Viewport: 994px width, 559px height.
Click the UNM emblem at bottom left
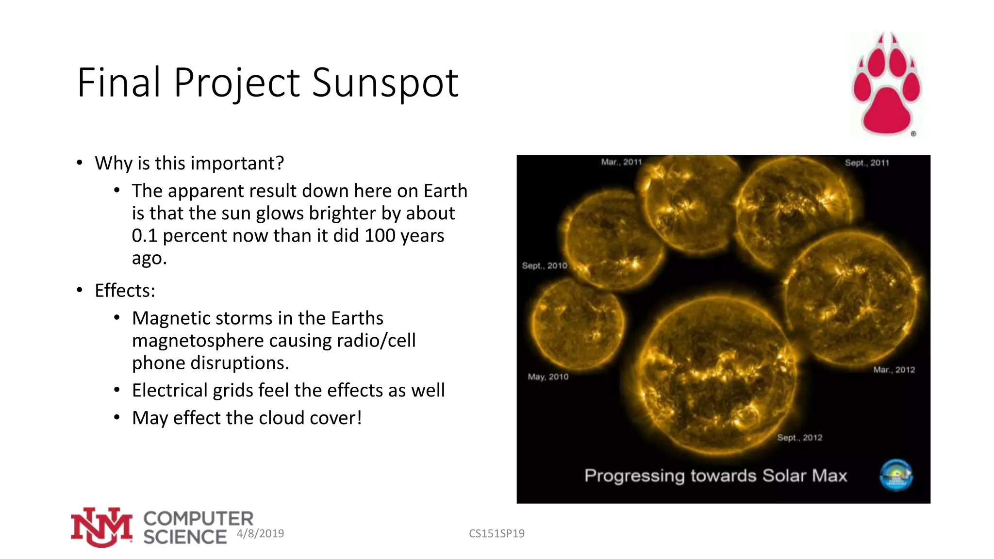pyautogui.click(x=101, y=527)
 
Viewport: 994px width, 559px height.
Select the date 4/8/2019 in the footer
pyautogui.click(x=260, y=533)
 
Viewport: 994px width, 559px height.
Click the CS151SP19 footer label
pyautogui.click(x=497, y=533)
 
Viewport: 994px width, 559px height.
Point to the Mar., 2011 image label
pyautogui.click(x=621, y=162)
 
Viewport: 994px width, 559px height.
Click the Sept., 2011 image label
pyautogui.click(x=867, y=163)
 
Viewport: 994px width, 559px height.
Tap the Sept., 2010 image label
pyautogui.click(x=544, y=265)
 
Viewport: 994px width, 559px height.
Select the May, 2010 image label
pyautogui.click(x=548, y=377)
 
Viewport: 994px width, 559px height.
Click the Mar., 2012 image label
pyautogui.click(x=894, y=370)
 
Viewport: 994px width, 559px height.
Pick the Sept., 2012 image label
pyautogui.click(x=800, y=438)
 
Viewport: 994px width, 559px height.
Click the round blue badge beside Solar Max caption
pyautogui.click(x=896, y=475)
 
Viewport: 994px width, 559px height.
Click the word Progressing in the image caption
pyautogui.click(x=634, y=476)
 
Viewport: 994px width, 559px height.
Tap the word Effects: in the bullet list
pyautogui.click(x=125, y=291)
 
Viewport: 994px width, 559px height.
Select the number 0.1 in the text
pyautogui.click(x=144, y=236)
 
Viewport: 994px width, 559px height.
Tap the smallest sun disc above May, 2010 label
pyautogui.click(x=577, y=323)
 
